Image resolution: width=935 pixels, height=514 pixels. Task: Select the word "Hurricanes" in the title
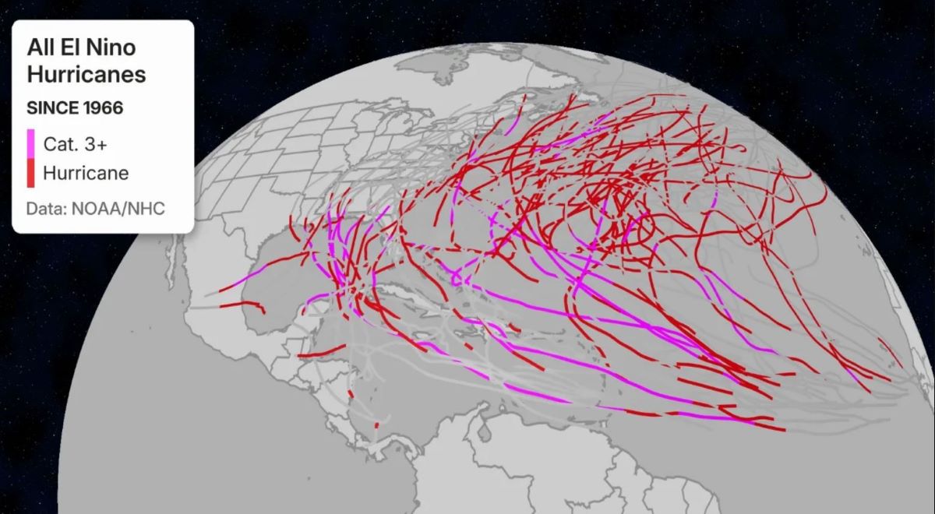coord(86,75)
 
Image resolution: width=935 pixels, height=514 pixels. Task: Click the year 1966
coord(104,108)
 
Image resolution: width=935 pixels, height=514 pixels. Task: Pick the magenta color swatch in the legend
coord(31,143)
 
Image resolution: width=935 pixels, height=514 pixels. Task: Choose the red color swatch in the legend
coord(31,172)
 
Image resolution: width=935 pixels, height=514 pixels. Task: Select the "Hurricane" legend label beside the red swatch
coord(86,172)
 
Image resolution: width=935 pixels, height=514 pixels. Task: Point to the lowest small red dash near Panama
coord(377,424)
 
